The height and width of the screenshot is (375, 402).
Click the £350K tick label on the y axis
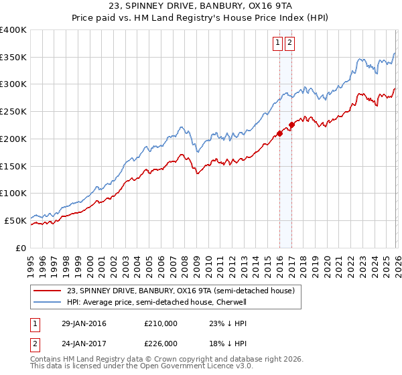tap(13, 58)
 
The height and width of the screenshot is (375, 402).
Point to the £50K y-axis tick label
tap(15, 220)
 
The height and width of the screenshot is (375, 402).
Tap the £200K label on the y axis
tap(13, 139)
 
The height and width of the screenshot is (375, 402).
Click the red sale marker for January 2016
tap(279, 133)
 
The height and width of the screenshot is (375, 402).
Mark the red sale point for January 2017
tap(291, 125)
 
